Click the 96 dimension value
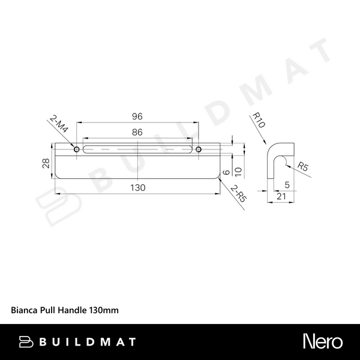138,117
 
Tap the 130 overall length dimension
138,188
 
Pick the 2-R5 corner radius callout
238,196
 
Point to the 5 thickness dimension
287,185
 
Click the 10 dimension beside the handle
238,171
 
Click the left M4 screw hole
76,148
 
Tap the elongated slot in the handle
137,148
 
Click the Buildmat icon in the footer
26,342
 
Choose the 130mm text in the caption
104,311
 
